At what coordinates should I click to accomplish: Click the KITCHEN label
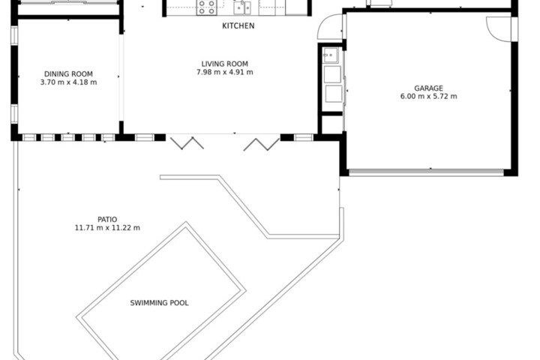tap(238, 25)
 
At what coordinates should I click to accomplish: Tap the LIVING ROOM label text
tap(224, 64)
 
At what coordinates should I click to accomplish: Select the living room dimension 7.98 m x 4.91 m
tap(224, 72)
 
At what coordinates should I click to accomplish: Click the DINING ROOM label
tap(68, 74)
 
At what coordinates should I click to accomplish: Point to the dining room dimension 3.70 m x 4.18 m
tap(68, 82)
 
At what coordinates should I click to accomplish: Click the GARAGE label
tap(428, 88)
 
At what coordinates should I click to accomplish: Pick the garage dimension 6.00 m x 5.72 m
tap(428, 97)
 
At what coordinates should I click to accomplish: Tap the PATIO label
tap(107, 220)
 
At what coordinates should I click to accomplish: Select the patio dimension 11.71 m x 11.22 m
tap(107, 228)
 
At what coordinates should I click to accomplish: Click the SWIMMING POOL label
tap(159, 303)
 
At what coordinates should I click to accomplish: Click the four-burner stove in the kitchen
tap(206, 7)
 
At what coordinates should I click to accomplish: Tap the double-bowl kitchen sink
tap(242, 7)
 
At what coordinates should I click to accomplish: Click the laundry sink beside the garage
tap(331, 55)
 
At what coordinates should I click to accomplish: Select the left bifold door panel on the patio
tap(187, 143)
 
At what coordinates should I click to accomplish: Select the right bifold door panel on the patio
tap(262, 145)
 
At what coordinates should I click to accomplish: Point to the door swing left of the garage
tap(329, 26)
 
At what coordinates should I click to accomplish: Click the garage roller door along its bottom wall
tap(426, 172)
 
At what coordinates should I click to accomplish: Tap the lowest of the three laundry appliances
tap(333, 94)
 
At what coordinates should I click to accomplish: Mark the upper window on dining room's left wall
tap(14, 35)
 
